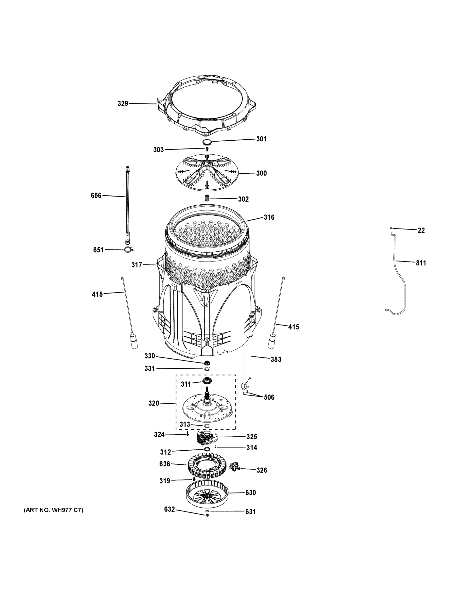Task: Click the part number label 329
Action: coord(123,103)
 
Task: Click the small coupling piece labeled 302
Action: coord(207,198)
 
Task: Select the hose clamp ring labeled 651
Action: coord(128,249)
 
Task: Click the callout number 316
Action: coord(269,217)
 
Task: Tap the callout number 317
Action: coord(137,265)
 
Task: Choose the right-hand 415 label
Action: coord(293,327)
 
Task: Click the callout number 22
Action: coord(421,230)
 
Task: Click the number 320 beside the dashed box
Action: coord(153,403)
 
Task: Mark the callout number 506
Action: coord(269,397)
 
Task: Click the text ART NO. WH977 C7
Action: coord(54,510)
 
